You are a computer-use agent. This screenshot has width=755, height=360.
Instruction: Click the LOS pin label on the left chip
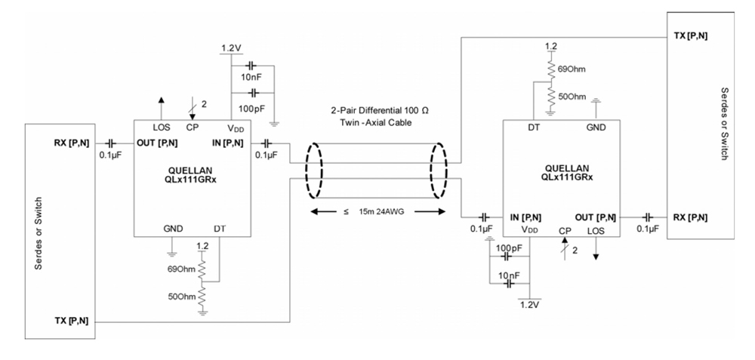coord(161,127)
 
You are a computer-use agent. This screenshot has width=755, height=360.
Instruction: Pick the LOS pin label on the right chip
coord(596,229)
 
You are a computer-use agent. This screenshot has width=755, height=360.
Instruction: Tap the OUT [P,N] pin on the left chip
coord(157,143)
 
